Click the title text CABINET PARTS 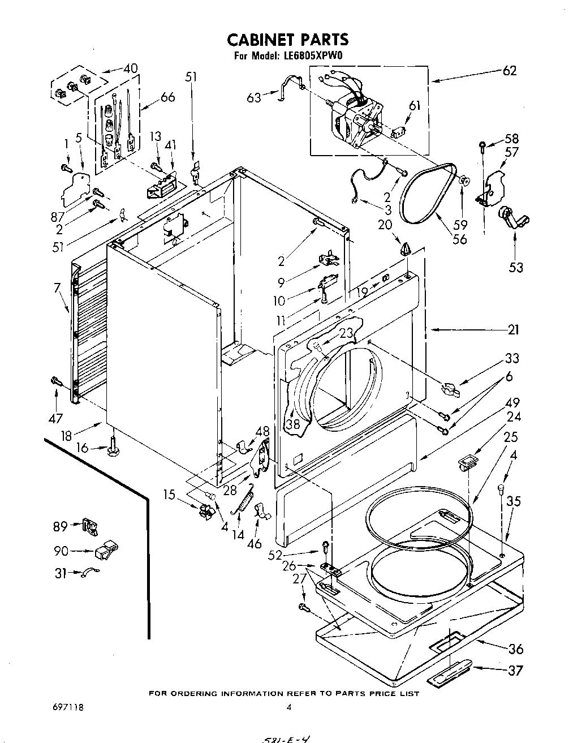(x=287, y=39)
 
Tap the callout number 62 (x=509, y=71)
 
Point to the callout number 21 (x=513, y=330)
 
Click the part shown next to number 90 (x=106, y=548)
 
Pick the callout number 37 (x=515, y=671)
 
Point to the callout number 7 (x=57, y=288)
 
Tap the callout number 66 (x=167, y=97)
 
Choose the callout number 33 (x=511, y=358)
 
